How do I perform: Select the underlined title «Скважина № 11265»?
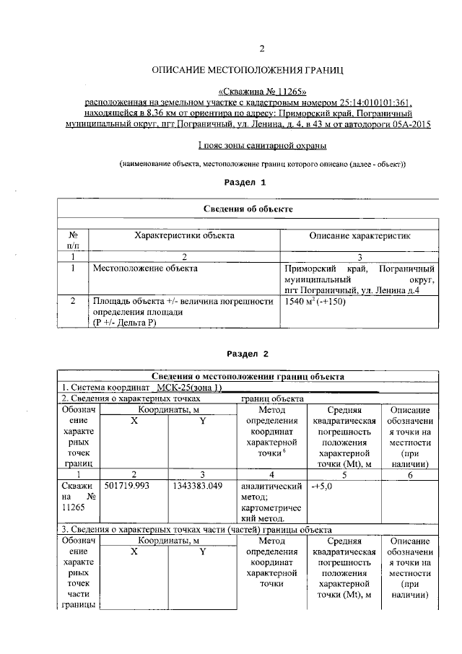(x=262, y=92)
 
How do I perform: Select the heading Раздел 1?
(x=246, y=183)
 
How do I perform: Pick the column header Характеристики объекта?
(x=185, y=236)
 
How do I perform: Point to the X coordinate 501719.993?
(x=127, y=487)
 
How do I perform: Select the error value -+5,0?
(x=322, y=487)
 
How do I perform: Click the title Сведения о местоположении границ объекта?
(x=248, y=377)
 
